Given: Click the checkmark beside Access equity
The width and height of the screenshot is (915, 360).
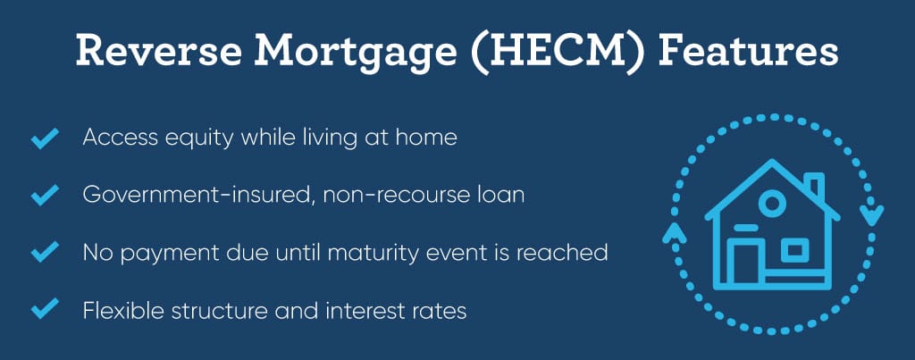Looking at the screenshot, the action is tap(45, 138).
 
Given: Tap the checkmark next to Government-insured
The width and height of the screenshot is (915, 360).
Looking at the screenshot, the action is tap(45, 195).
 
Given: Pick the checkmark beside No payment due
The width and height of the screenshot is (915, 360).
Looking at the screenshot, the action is tap(45, 252).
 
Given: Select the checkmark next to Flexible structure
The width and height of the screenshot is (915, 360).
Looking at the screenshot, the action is tap(45, 308).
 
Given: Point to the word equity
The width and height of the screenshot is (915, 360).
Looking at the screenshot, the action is tap(197, 138).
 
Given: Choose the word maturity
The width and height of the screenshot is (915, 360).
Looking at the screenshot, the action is tap(399, 254).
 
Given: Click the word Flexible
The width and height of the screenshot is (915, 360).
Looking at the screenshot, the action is tap(123, 310).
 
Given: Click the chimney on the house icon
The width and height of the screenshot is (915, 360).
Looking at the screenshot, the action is tap(815, 186).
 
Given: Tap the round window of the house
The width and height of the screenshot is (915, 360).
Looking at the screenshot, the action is tap(772, 204).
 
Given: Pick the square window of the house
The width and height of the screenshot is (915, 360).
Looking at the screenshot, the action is tap(794, 250).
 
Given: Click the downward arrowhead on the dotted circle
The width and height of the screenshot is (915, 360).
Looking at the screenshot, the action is tap(874, 215).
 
